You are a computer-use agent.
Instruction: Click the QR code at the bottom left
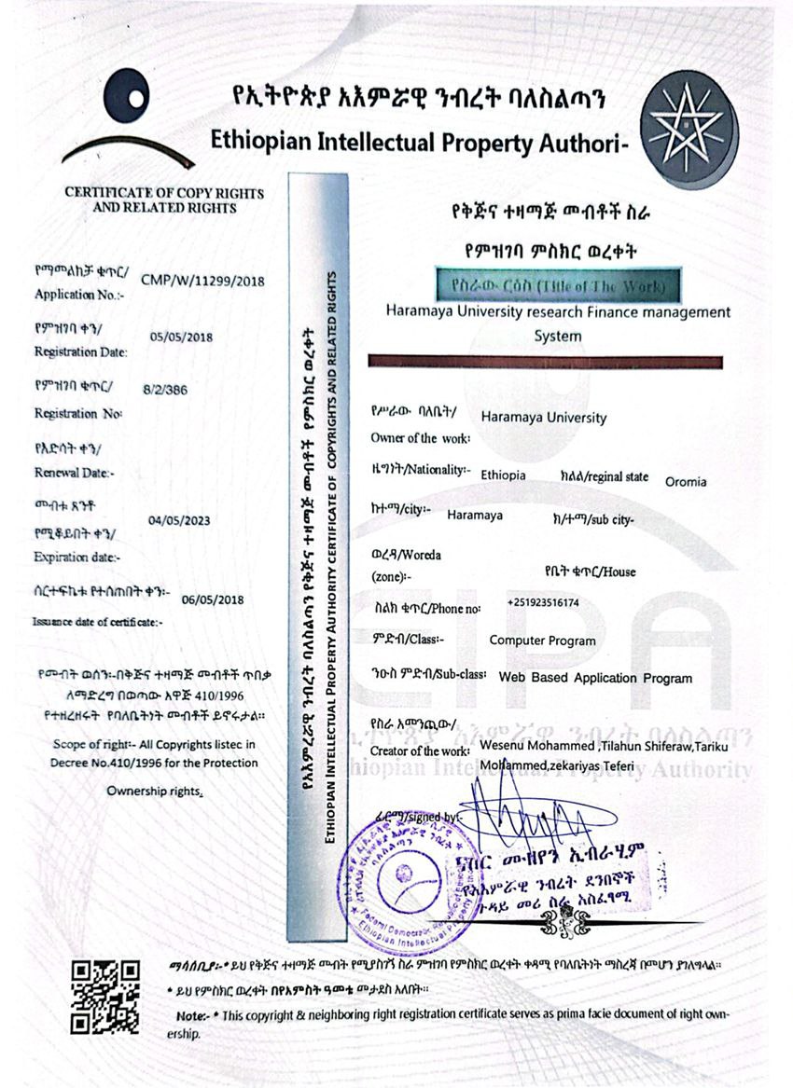(105, 996)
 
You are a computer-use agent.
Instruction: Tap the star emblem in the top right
(689, 127)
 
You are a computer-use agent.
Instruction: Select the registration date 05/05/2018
(182, 337)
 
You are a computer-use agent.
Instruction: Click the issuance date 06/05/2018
(213, 599)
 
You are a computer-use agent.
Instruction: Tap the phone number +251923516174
(543, 603)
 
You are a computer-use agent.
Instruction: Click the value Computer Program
(542, 640)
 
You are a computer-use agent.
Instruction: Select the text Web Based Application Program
(595, 678)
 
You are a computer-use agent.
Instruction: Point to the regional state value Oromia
(686, 482)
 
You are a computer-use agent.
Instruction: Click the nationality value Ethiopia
(503, 475)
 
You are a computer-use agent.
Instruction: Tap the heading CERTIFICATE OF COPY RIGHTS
(164, 193)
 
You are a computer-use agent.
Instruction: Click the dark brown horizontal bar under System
(546, 361)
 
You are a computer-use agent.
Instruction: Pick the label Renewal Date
(75, 473)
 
